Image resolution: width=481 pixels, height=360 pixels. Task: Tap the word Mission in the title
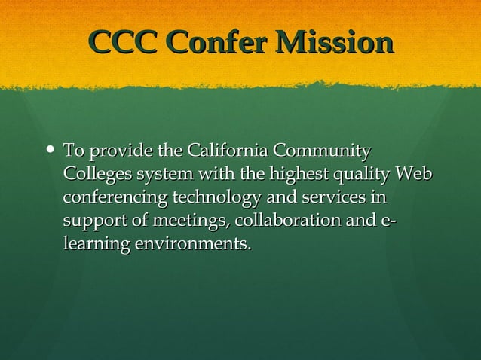336,44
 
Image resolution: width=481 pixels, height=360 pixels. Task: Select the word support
93,221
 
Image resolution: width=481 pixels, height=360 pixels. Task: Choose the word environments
192,245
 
